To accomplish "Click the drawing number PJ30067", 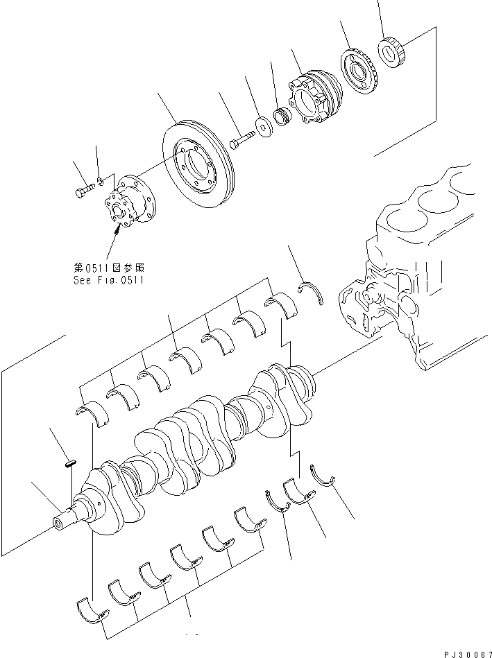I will click(464, 652).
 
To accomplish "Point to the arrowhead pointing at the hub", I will click(117, 230).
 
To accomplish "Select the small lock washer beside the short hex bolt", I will click(101, 182).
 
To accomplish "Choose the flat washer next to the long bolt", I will click(264, 128).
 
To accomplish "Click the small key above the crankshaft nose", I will click(70, 464).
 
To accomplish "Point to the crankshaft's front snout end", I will click(63, 520).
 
